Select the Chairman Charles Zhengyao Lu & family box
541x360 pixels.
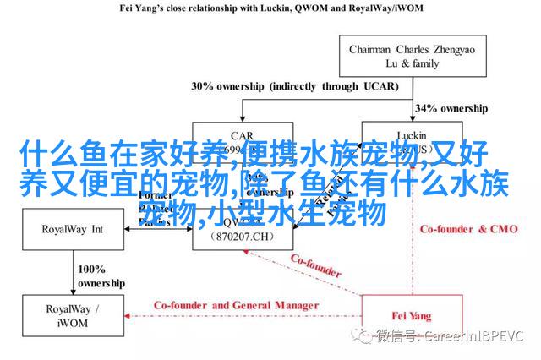coord(412,56)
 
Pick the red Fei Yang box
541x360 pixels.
coord(412,316)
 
